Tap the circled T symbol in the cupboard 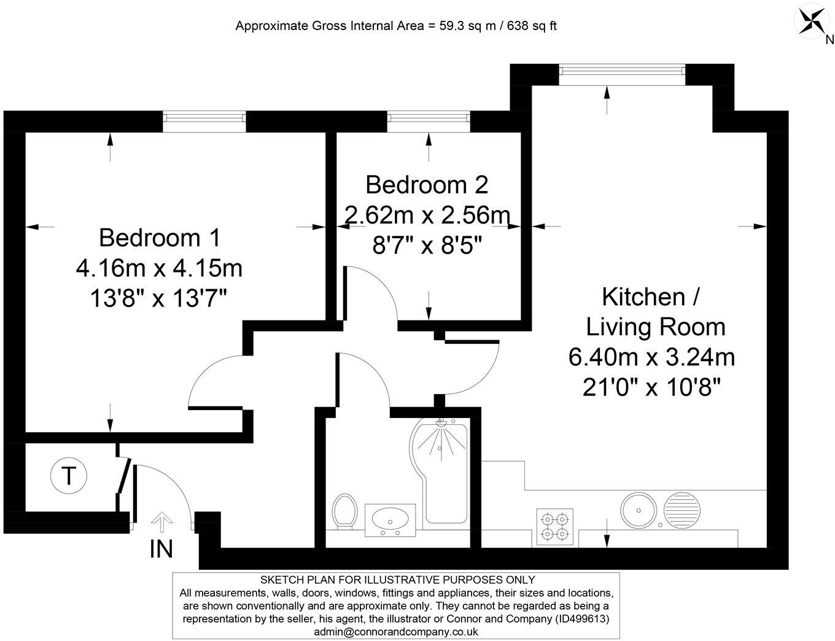69,476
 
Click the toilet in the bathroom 344,511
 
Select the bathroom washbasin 390,520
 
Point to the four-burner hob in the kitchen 555,526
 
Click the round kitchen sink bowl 639,511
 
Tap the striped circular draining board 682,511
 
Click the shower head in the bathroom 441,422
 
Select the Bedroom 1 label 160,238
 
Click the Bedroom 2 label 427,185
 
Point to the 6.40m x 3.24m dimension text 651,357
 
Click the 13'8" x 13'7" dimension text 158,298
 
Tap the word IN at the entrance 161,549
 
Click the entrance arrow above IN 161,521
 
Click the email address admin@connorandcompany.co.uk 396,632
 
